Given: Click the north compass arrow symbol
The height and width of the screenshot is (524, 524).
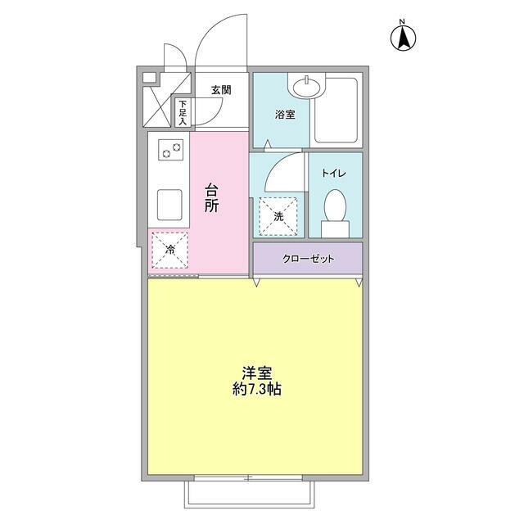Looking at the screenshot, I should pyautogui.click(x=403, y=37).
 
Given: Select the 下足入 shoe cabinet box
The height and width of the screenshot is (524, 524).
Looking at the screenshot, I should pyautogui.click(x=183, y=113).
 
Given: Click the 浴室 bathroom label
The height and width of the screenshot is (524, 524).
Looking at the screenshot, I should pyautogui.click(x=285, y=115).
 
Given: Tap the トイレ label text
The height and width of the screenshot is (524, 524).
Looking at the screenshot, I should pyautogui.click(x=333, y=173).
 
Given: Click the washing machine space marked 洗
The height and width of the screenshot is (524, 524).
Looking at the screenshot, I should pyautogui.click(x=278, y=215).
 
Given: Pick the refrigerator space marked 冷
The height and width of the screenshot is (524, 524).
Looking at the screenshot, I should pyautogui.click(x=169, y=251).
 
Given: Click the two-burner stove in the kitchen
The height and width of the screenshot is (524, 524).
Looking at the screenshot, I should pyautogui.click(x=170, y=150).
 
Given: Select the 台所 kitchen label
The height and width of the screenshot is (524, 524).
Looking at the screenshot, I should pyautogui.click(x=211, y=198).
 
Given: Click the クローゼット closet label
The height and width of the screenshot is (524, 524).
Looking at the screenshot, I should pyautogui.click(x=309, y=259).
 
